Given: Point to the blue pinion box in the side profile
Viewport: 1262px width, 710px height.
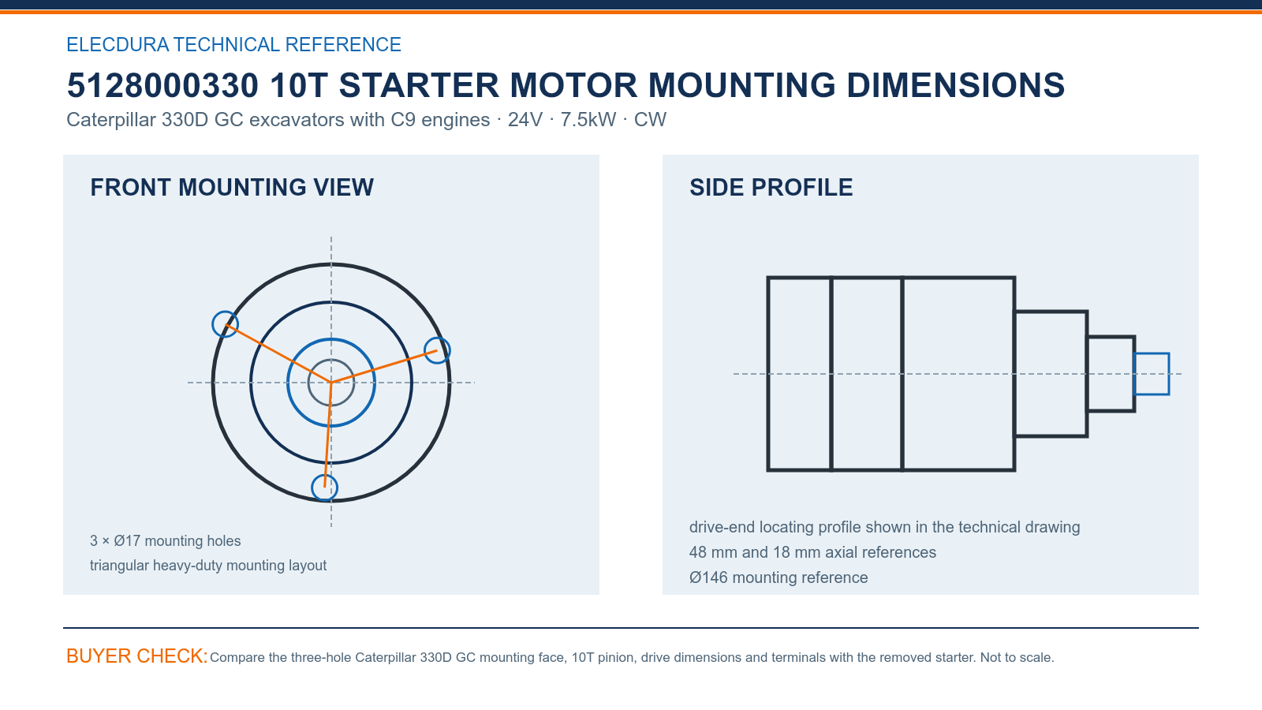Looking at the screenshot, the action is [1151, 354].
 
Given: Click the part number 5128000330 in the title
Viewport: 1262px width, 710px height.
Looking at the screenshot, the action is [162, 85].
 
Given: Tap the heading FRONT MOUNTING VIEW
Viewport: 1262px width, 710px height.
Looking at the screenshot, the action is [232, 187].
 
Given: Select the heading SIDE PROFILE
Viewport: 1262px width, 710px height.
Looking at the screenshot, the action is [771, 187].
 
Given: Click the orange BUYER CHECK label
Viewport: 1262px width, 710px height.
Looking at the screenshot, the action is [137, 656].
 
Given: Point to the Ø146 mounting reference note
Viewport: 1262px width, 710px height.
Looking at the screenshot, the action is [778, 577].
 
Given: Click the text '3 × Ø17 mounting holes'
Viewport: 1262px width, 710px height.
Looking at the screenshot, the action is [165, 541].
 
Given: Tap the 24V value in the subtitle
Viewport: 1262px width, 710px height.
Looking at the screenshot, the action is [525, 119].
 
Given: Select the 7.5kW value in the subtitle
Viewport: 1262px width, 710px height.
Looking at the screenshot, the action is [588, 119].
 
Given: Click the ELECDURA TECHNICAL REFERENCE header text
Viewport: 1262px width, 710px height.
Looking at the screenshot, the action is [233, 44].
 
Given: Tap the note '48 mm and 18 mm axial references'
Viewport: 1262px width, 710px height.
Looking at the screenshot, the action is [812, 552].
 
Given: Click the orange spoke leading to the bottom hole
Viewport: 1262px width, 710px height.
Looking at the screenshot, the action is [328, 435].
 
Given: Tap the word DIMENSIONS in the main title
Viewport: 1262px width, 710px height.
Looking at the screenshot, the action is [955, 85].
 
